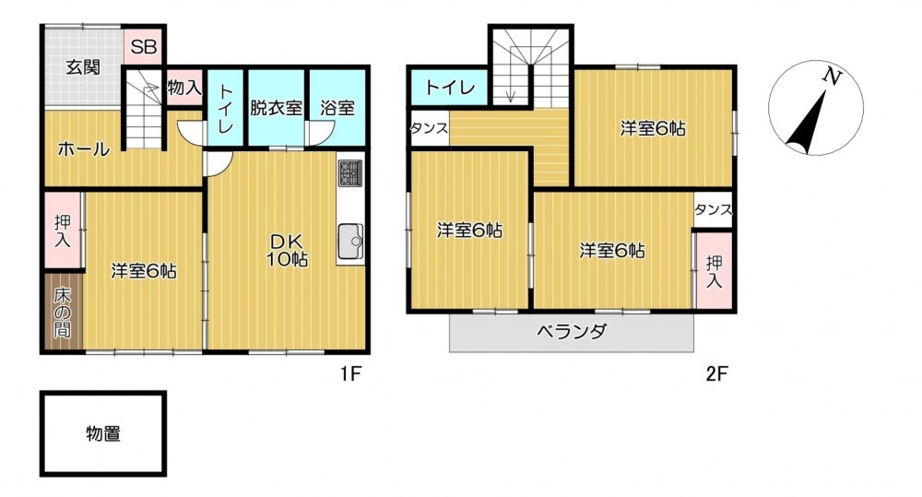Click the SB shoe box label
(144, 46)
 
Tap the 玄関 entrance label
(82, 67)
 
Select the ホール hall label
(84, 149)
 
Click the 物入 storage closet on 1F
(184, 88)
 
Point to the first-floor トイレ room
(225, 108)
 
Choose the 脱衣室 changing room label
(276, 108)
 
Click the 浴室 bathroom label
(337, 108)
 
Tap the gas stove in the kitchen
(350, 173)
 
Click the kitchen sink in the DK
(350, 241)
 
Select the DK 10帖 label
(288, 250)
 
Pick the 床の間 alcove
(64, 312)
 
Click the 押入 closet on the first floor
(63, 230)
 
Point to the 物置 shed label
(103, 434)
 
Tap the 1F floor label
(350, 373)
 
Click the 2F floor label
(717, 373)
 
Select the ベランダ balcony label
(572, 332)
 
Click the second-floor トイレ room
(450, 89)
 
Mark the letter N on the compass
(832, 77)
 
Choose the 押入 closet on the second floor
(714, 270)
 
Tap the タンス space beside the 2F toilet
(430, 128)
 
